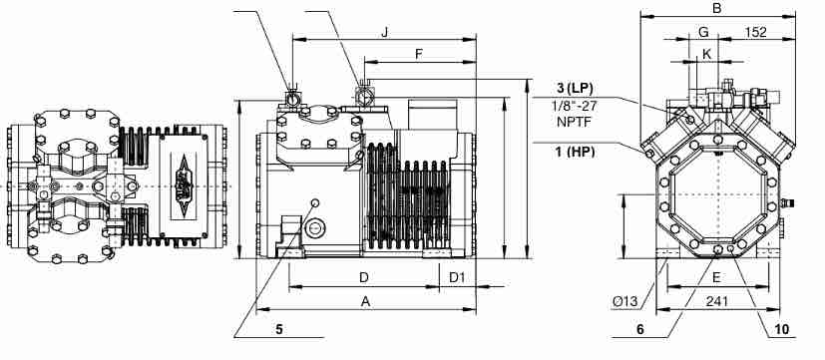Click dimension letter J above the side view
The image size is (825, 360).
[x=385, y=32]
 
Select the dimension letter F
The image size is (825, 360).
[x=419, y=54]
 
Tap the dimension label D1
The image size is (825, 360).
[x=457, y=277]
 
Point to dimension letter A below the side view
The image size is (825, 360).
[x=365, y=301]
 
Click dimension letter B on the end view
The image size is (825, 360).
[x=716, y=8]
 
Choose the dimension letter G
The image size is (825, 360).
[x=703, y=32]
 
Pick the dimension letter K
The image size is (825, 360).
[x=706, y=54]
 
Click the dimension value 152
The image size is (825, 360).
[x=756, y=32]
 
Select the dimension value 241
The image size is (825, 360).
[x=716, y=301]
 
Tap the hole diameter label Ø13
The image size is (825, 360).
[x=625, y=301]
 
